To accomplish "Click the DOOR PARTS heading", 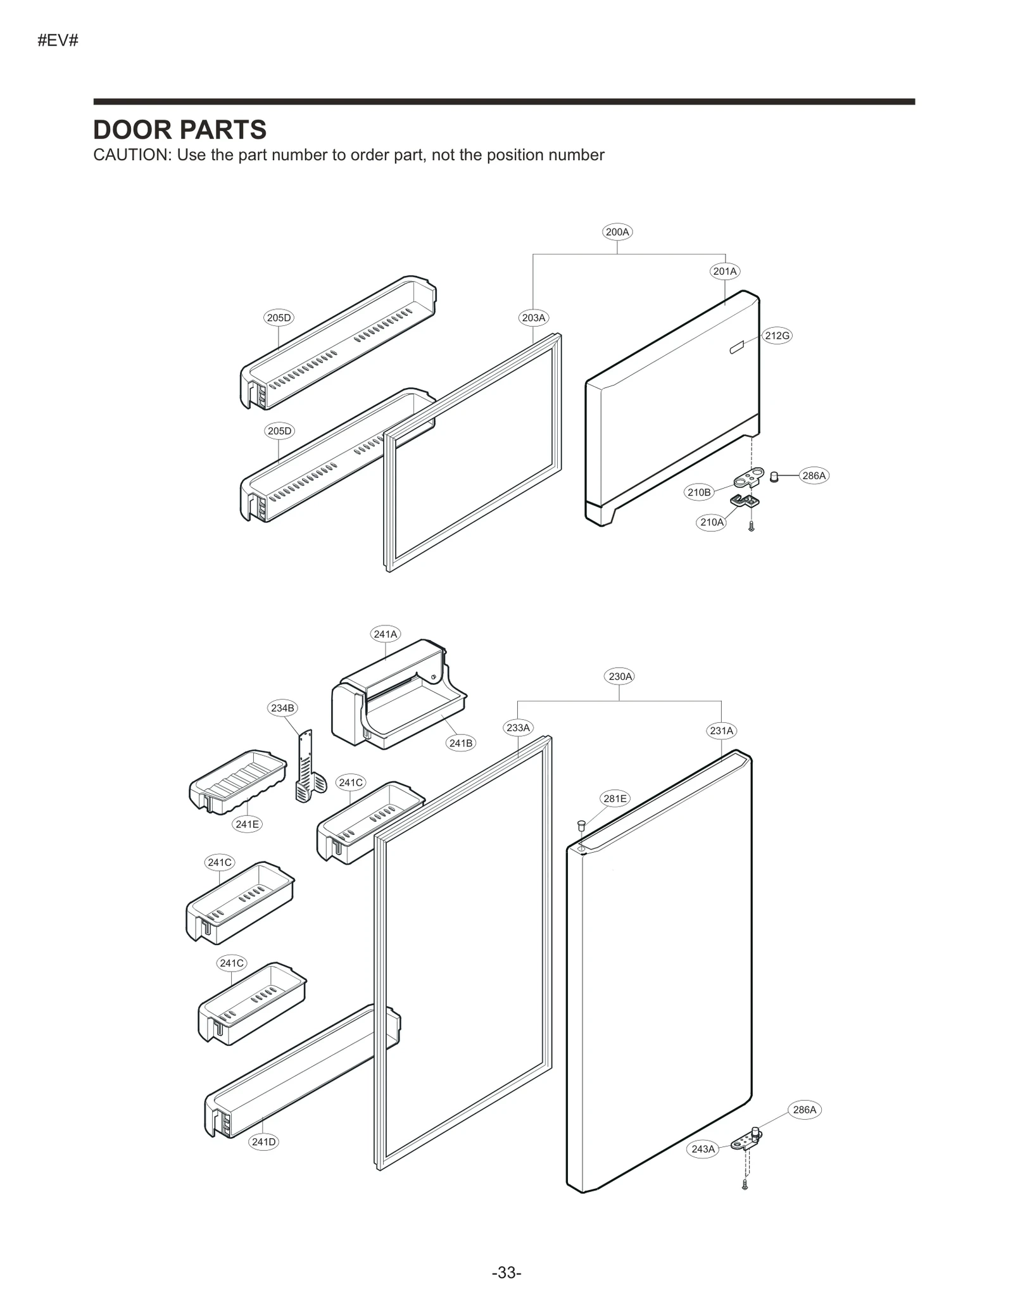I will [180, 130].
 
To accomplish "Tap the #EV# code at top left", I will [58, 41].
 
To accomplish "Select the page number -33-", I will [506, 1272].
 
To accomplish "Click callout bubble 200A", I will [617, 232].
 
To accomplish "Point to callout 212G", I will [777, 336].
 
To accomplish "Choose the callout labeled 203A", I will [533, 318].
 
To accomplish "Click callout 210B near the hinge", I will [699, 492].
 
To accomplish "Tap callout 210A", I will [711, 522].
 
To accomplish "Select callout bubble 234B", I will [282, 708].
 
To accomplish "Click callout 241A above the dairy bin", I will [385, 634].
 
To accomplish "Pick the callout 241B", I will [460, 743].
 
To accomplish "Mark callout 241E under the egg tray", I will [247, 824].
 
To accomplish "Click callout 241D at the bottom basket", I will [263, 1142].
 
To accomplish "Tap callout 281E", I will [615, 799].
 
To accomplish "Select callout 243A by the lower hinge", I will [703, 1149].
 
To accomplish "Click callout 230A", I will [620, 676].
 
